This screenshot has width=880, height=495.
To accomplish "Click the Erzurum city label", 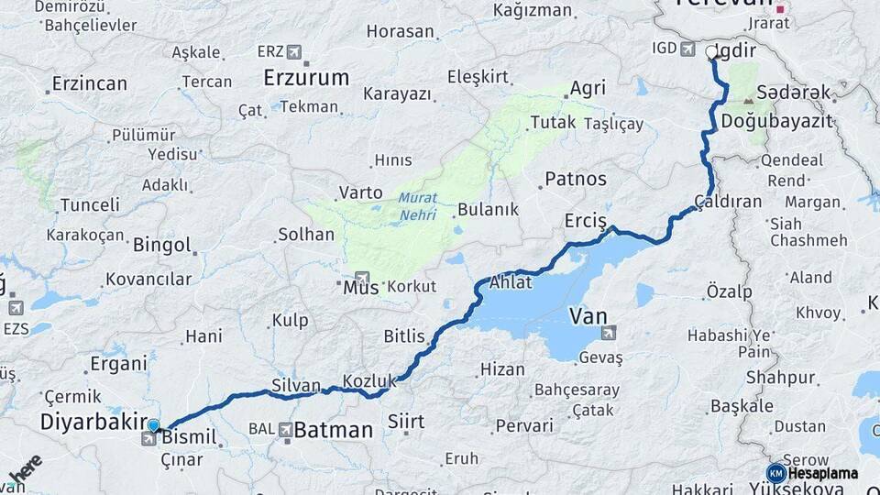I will (306, 78).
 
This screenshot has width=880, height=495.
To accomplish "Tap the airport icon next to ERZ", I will (293, 51).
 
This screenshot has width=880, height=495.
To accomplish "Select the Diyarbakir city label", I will (93, 423).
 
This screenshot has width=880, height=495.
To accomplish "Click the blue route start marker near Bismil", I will (153, 426).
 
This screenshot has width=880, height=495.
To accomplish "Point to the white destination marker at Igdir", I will (712, 53).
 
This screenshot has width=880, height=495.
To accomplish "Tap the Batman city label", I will (334, 429).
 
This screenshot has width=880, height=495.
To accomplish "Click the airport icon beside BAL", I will (286, 429).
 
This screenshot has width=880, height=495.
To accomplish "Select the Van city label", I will (588, 316).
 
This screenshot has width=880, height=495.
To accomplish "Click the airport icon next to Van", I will (609, 333).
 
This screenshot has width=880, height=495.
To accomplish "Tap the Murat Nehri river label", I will (418, 207).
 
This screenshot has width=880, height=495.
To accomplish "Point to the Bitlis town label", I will (404, 336).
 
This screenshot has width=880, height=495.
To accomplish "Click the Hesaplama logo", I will (813, 473).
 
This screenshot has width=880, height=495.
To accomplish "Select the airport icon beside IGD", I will (687, 48).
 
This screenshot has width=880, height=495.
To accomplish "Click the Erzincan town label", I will (90, 83).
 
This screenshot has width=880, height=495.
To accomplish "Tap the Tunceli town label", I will (89, 204).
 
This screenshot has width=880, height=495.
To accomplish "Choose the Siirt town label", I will (406, 422).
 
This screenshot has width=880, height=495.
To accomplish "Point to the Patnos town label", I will (576, 178).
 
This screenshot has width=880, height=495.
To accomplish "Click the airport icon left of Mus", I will (360, 278).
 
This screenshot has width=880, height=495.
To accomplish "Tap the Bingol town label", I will (162, 246).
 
